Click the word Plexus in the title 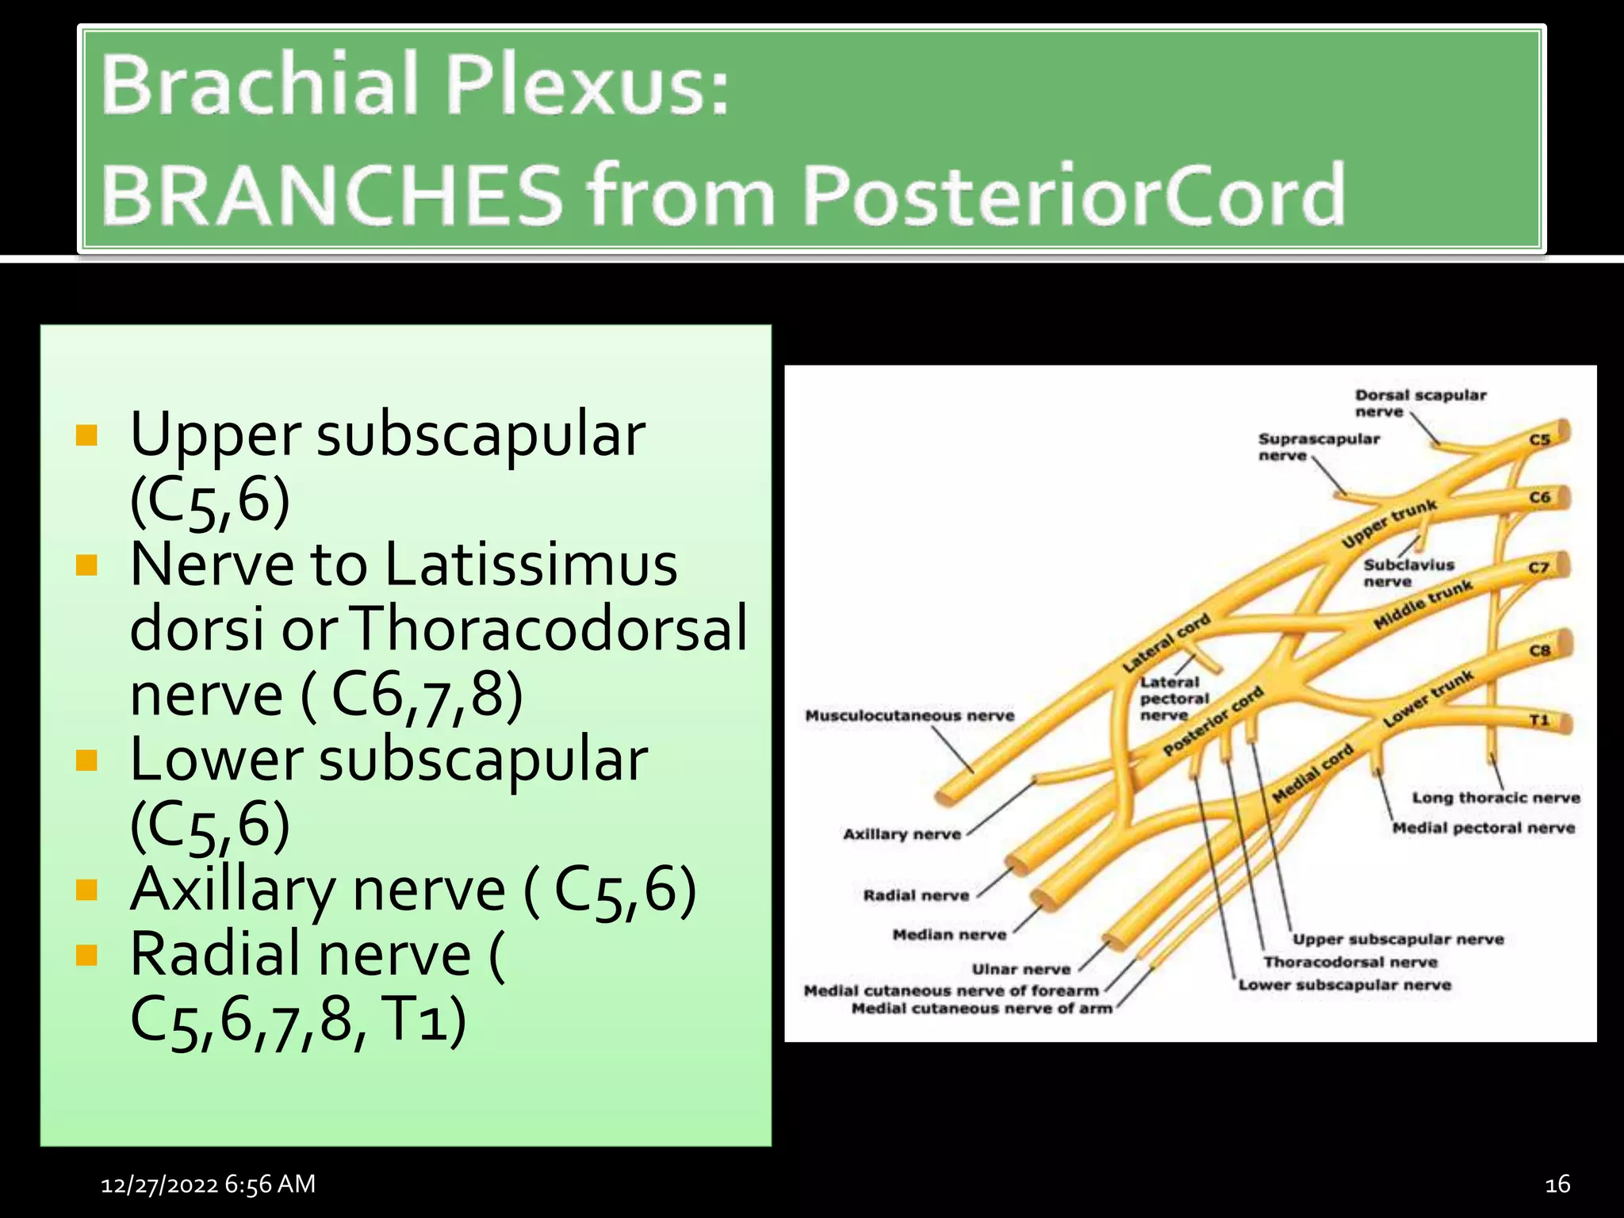click(x=586, y=85)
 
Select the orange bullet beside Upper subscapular click(x=86, y=435)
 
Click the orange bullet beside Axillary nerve click(x=86, y=890)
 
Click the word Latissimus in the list click(x=531, y=564)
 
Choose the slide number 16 click(x=1557, y=1185)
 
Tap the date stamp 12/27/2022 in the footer click(x=159, y=1185)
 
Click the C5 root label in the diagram click(x=1539, y=439)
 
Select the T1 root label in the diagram click(x=1539, y=720)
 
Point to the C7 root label click(x=1539, y=568)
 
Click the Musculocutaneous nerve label click(x=910, y=716)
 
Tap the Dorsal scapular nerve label click(x=1420, y=403)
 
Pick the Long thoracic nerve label click(x=1496, y=798)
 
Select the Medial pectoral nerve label click(x=1484, y=828)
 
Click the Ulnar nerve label click(x=1021, y=969)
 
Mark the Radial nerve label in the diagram click(x=916, y=895)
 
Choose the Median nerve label click(x=949, y=935)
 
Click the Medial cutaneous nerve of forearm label click(x=951, y=990)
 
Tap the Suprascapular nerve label click(x=1319, y=446)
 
